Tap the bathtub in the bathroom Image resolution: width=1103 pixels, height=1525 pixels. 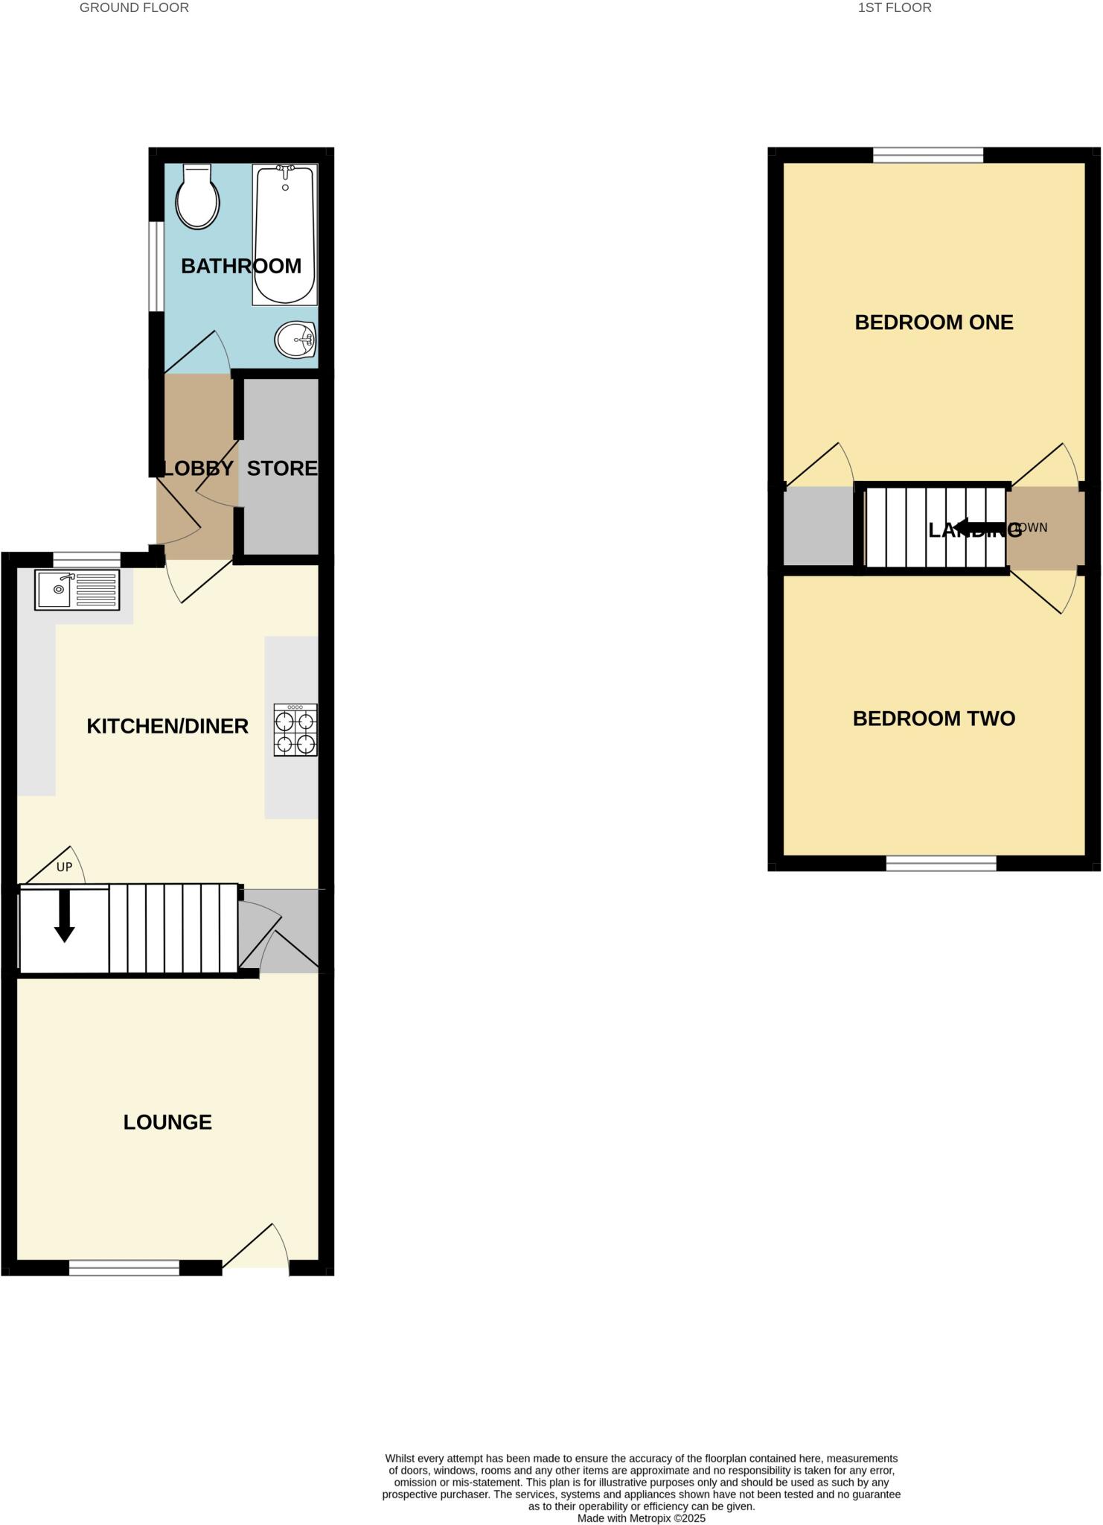click(x=285, y=235)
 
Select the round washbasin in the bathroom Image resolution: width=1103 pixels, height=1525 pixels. click(x=295, y=341)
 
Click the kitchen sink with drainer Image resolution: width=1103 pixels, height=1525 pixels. click(x=77, y=590)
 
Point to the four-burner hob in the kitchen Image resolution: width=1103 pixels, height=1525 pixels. click(x=295, y=730)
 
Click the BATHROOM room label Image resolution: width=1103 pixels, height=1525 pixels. click(x=240, y=266)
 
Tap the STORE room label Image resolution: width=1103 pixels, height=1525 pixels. click(x=281, y=468)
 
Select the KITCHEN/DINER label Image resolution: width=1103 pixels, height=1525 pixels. click(x=167, y=726)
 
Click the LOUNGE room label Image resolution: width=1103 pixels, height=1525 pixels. click(x=167, y=1122)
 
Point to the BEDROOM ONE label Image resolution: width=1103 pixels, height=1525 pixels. click(x=933, y=322)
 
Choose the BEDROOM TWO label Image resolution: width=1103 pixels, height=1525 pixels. click(x=933, y=719)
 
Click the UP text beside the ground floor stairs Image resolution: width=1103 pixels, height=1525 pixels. click(x=65, y=867)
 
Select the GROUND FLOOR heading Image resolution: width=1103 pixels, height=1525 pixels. click(x=134, y=8)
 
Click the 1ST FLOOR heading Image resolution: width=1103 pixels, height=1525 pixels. click(x=894, y=8)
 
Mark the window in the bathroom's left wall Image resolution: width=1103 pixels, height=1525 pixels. click(x=156, y=266)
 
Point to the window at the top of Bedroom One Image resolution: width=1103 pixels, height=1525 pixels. click(x=927, y=156)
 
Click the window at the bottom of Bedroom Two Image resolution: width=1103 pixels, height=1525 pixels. click(x=941, y=863)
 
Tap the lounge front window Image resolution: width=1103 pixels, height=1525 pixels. click(x=124, y=1267)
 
